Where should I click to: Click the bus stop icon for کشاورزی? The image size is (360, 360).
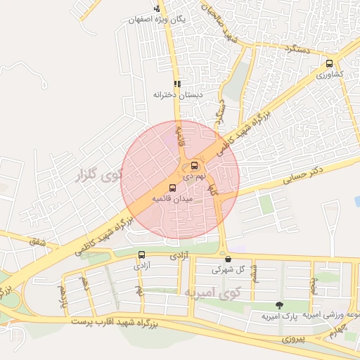click(x=329, y=64)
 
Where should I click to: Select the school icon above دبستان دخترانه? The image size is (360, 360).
click(x=177, y=82)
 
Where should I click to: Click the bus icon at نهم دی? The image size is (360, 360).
click(x=194, y=167)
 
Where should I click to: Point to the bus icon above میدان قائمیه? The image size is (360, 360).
click(x=173, y=187)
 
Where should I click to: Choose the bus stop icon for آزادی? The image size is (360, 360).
click(x=142, y=255)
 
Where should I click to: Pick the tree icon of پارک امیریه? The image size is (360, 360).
click(x=280, y=305)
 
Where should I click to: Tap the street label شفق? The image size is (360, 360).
click(x=34, y=241)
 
